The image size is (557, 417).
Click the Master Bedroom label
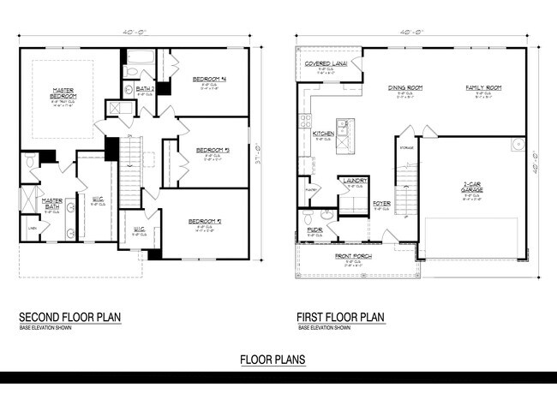(x=63, y=92)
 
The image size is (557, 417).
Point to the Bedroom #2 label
(x=206, y=221)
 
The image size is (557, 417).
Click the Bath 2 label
(x=145, y=87)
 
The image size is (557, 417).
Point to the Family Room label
(x=483, y=87)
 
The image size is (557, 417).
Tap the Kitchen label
(x=323, y=134)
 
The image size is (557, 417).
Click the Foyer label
(x=381, y=203)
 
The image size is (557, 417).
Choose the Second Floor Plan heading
(x=69, y=317)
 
